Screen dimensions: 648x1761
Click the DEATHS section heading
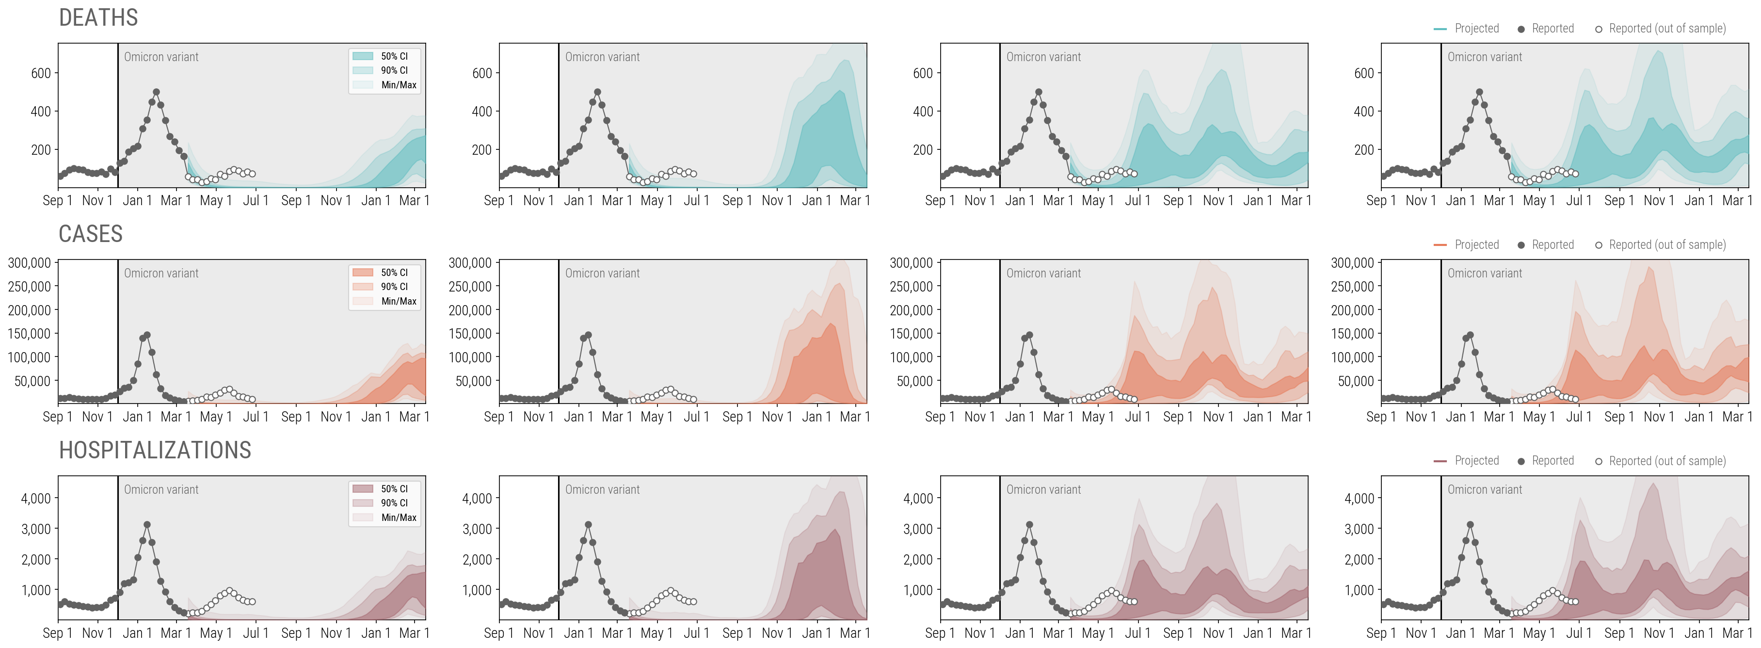pos(98,18)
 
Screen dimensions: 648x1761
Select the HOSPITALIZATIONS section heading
pos(155,451)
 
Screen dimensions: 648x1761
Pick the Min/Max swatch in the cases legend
pos(362,301)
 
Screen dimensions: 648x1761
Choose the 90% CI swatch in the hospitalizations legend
pos(362,502)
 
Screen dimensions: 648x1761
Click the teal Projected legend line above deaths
pos(1440,29)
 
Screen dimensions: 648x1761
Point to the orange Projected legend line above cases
pos(1440,245)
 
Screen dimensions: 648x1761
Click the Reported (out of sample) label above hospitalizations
pos(1666,461)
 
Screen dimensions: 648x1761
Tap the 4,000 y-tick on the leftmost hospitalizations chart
pos(35,498)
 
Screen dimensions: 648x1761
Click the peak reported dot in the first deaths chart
pos(157,92)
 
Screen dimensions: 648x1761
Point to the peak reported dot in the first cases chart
pos(147,335)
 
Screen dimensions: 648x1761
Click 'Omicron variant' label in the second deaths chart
pos(602,57)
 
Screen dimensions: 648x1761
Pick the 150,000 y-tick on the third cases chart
pos(911,334)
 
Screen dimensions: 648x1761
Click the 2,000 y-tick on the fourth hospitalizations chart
pos(1359,559)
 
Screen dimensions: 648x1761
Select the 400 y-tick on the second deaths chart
pos(481,112)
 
